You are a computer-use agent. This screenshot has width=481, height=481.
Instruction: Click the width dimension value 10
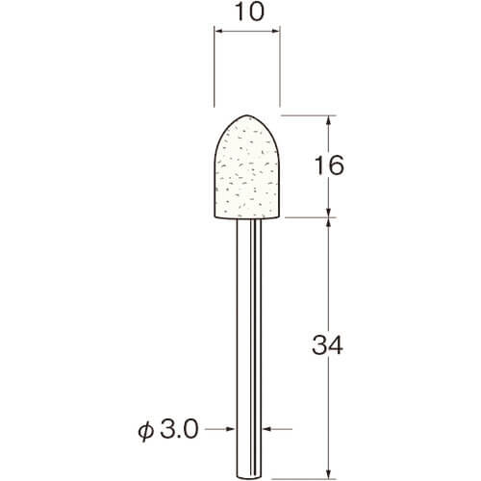point(249,13)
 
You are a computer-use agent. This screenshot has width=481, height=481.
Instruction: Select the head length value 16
point(329,165)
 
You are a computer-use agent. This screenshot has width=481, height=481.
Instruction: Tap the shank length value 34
point(327,344)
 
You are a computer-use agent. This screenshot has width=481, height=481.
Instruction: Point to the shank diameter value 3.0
point(179,429)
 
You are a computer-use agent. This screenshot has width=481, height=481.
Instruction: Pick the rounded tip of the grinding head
point(246,115)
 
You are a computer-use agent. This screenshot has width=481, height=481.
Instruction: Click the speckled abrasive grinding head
point(247,167)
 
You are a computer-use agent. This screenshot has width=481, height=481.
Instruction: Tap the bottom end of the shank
point(249,478)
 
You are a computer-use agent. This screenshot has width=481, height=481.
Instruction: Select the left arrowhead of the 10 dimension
point(218,31)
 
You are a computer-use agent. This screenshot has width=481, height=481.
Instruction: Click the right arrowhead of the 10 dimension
point(276,31)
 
